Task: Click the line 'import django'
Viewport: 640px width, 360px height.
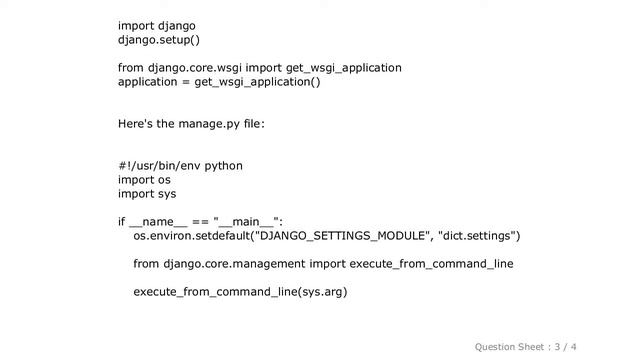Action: [x=157, y=25]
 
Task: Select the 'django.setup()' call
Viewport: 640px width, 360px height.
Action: [x=159, y=40]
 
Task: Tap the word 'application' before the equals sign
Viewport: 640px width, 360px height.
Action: [x=149, y=82]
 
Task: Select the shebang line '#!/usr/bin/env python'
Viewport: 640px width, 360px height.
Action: [x=180, y=166]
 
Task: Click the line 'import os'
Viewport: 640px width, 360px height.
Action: [x=144, y=180]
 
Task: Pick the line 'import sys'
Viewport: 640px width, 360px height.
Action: [x=146, y=194]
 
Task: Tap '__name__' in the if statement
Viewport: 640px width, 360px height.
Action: [x=158, y=222]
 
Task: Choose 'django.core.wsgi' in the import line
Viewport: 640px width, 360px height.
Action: [x=192, y=68]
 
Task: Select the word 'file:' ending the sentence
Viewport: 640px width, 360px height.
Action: [x=250, y=124]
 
